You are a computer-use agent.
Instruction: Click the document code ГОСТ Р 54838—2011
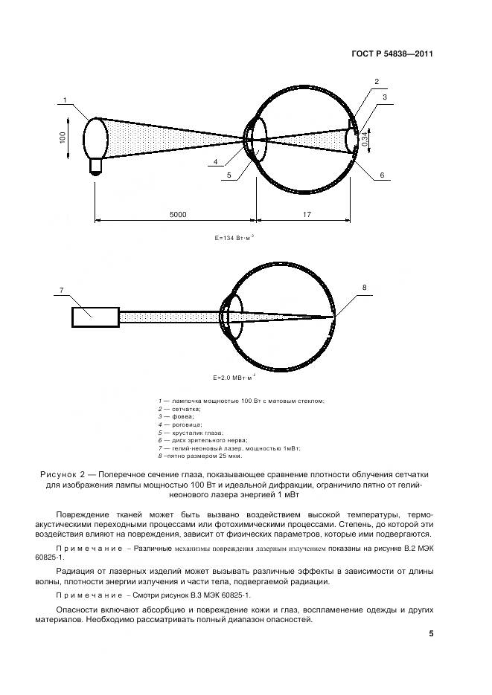coord(393,54)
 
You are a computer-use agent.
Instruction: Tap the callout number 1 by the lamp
coord(66,101)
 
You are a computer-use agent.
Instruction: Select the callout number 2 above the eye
coord(377,82)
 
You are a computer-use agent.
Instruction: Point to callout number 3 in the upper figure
coord(385,97)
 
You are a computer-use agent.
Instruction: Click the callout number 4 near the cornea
coord(215,161)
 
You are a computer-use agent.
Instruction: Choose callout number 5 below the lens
coord(229,175)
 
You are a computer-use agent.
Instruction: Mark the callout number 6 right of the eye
coord(382,175)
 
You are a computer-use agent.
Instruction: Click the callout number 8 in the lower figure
coord(364,287)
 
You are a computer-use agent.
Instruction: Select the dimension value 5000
coord(177,214)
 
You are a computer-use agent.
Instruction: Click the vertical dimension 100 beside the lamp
coord(64,138)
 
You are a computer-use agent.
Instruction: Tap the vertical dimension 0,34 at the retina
coord(365,138)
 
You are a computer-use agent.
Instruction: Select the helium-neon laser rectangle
coord(95,317)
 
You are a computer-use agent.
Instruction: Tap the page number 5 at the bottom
coord(430,634)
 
